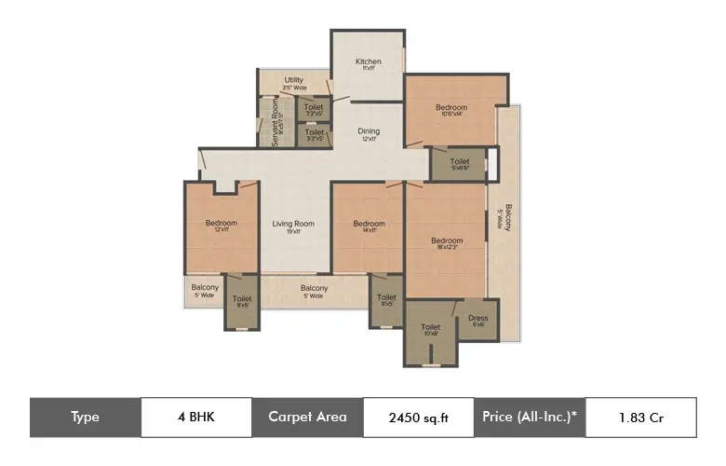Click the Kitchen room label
[x=369, y=62]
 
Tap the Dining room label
[x=369, y=132]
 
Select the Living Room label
[x=293, y=224]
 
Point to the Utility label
[x=294, y=81]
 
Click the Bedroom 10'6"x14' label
[x=451, y=108]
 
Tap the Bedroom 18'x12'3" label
[x=447, y=241]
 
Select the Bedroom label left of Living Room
[x=222, y=224]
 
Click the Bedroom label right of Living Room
[x=369, y=224]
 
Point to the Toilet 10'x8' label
[x=430, y=328]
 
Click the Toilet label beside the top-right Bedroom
[x=460, y=162]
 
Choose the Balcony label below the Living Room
[x=314, y=289]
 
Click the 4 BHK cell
[x=196, y=418]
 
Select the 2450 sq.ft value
[x=418, y=418]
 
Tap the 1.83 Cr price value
[x=640, y=418]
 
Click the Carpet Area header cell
[x=307, y=418]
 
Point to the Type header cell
[x=85, y=418]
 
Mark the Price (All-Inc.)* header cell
[x=530, y=418]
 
